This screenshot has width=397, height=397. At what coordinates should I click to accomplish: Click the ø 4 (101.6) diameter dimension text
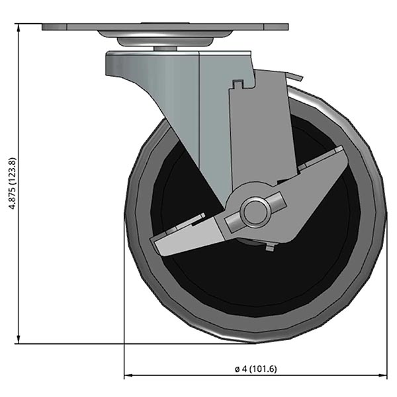coord(255,369)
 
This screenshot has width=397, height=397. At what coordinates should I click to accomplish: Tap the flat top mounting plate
coord(165,28)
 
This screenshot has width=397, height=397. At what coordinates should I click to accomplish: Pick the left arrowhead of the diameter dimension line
coord(128,376)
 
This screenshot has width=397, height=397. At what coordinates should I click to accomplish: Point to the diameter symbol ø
coord(236,369)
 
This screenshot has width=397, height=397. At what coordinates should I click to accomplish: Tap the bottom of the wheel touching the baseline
coord(254,341)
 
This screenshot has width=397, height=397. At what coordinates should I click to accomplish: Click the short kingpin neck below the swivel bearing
coord(165,49)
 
